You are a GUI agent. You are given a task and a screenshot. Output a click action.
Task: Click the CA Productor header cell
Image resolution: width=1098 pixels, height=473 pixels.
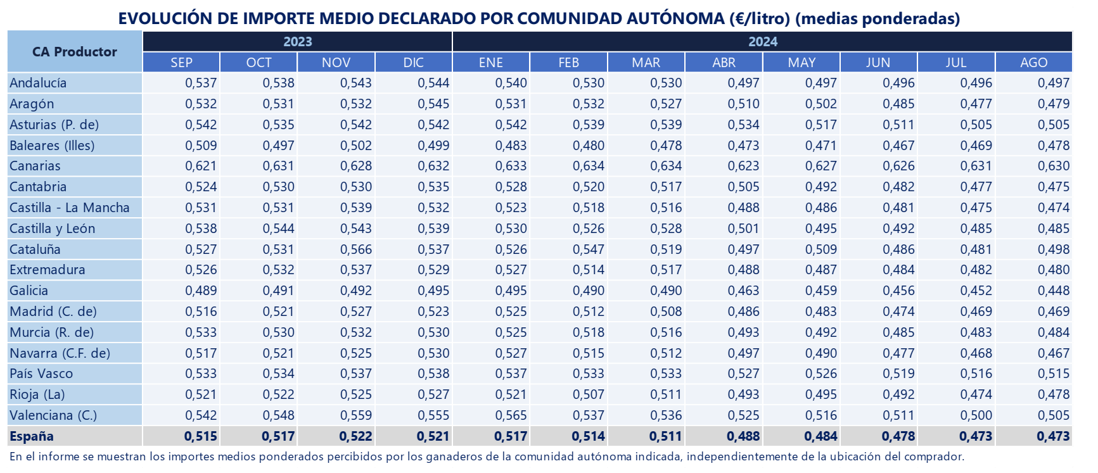coord(75,52)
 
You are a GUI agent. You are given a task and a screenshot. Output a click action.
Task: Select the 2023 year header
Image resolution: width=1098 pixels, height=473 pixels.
coord(298,42)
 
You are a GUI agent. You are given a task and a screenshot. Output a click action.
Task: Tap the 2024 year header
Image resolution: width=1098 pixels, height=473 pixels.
coord(763,42)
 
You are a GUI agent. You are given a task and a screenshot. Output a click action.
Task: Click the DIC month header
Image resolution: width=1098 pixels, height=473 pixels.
coord(414,63)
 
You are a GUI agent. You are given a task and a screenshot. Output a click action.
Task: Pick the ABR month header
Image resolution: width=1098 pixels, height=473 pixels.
coord(724,63)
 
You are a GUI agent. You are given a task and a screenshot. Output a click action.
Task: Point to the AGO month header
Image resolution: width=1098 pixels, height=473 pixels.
coord(1034,63)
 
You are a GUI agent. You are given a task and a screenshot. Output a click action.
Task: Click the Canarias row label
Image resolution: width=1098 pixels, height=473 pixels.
coord(35,166)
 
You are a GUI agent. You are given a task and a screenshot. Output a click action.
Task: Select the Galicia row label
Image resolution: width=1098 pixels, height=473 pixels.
coord(29,291)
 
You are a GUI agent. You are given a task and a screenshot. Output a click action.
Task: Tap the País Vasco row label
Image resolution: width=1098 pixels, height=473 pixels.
coord(41,374)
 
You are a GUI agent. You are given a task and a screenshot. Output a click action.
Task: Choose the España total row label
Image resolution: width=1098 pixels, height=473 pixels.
coord(32,436)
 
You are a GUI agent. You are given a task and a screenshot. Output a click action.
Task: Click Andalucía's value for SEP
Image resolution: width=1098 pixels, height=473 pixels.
coord(201,83)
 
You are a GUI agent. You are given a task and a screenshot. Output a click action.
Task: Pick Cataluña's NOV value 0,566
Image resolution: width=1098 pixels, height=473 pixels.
coord(356,249)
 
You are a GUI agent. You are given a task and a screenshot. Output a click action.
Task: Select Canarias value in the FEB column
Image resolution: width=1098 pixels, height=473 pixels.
coord(589,166)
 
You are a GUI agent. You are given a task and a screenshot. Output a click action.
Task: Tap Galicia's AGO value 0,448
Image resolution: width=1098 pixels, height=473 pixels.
coord(1054,291)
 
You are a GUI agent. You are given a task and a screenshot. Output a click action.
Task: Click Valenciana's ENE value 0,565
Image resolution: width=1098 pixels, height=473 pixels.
coord(511,415)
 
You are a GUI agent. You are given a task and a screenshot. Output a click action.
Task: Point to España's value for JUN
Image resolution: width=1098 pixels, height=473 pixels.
coord(898,436)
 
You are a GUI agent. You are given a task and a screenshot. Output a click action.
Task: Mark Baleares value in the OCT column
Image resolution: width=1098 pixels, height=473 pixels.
coord(279,146)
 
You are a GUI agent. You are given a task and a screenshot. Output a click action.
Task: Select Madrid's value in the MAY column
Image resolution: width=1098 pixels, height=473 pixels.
coord(821,312)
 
